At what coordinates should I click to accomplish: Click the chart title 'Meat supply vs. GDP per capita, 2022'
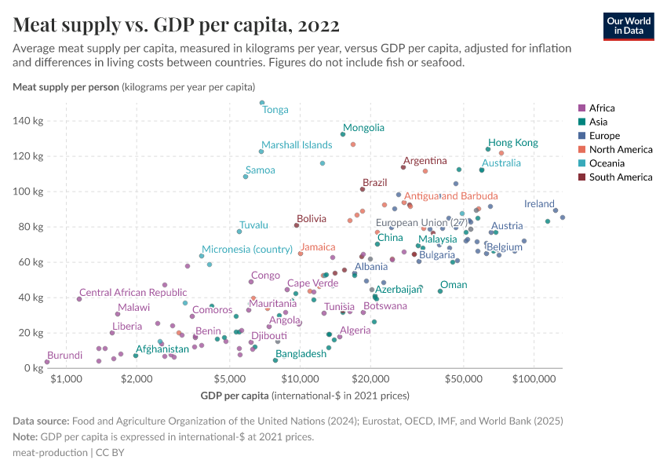coord(177,24)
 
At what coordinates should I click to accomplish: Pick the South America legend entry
coord(614,177)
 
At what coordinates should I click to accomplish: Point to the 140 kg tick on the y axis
coord(29,121)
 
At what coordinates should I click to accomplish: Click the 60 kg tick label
coord(32,262)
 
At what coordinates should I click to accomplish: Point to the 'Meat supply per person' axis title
coord(65,86)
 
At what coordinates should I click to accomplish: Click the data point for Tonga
coord(262,103)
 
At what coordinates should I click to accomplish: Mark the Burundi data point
coord(47,362)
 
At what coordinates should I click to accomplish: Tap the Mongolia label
coord(363,127)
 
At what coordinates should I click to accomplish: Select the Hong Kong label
coord(513,143)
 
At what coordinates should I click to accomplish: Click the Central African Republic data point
coord(79,299)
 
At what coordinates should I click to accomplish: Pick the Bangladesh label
coord(301,354)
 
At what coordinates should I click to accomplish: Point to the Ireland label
coord(539,203)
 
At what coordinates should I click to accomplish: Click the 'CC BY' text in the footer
coord(110,453)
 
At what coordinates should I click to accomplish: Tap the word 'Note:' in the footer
coord(26,436)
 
